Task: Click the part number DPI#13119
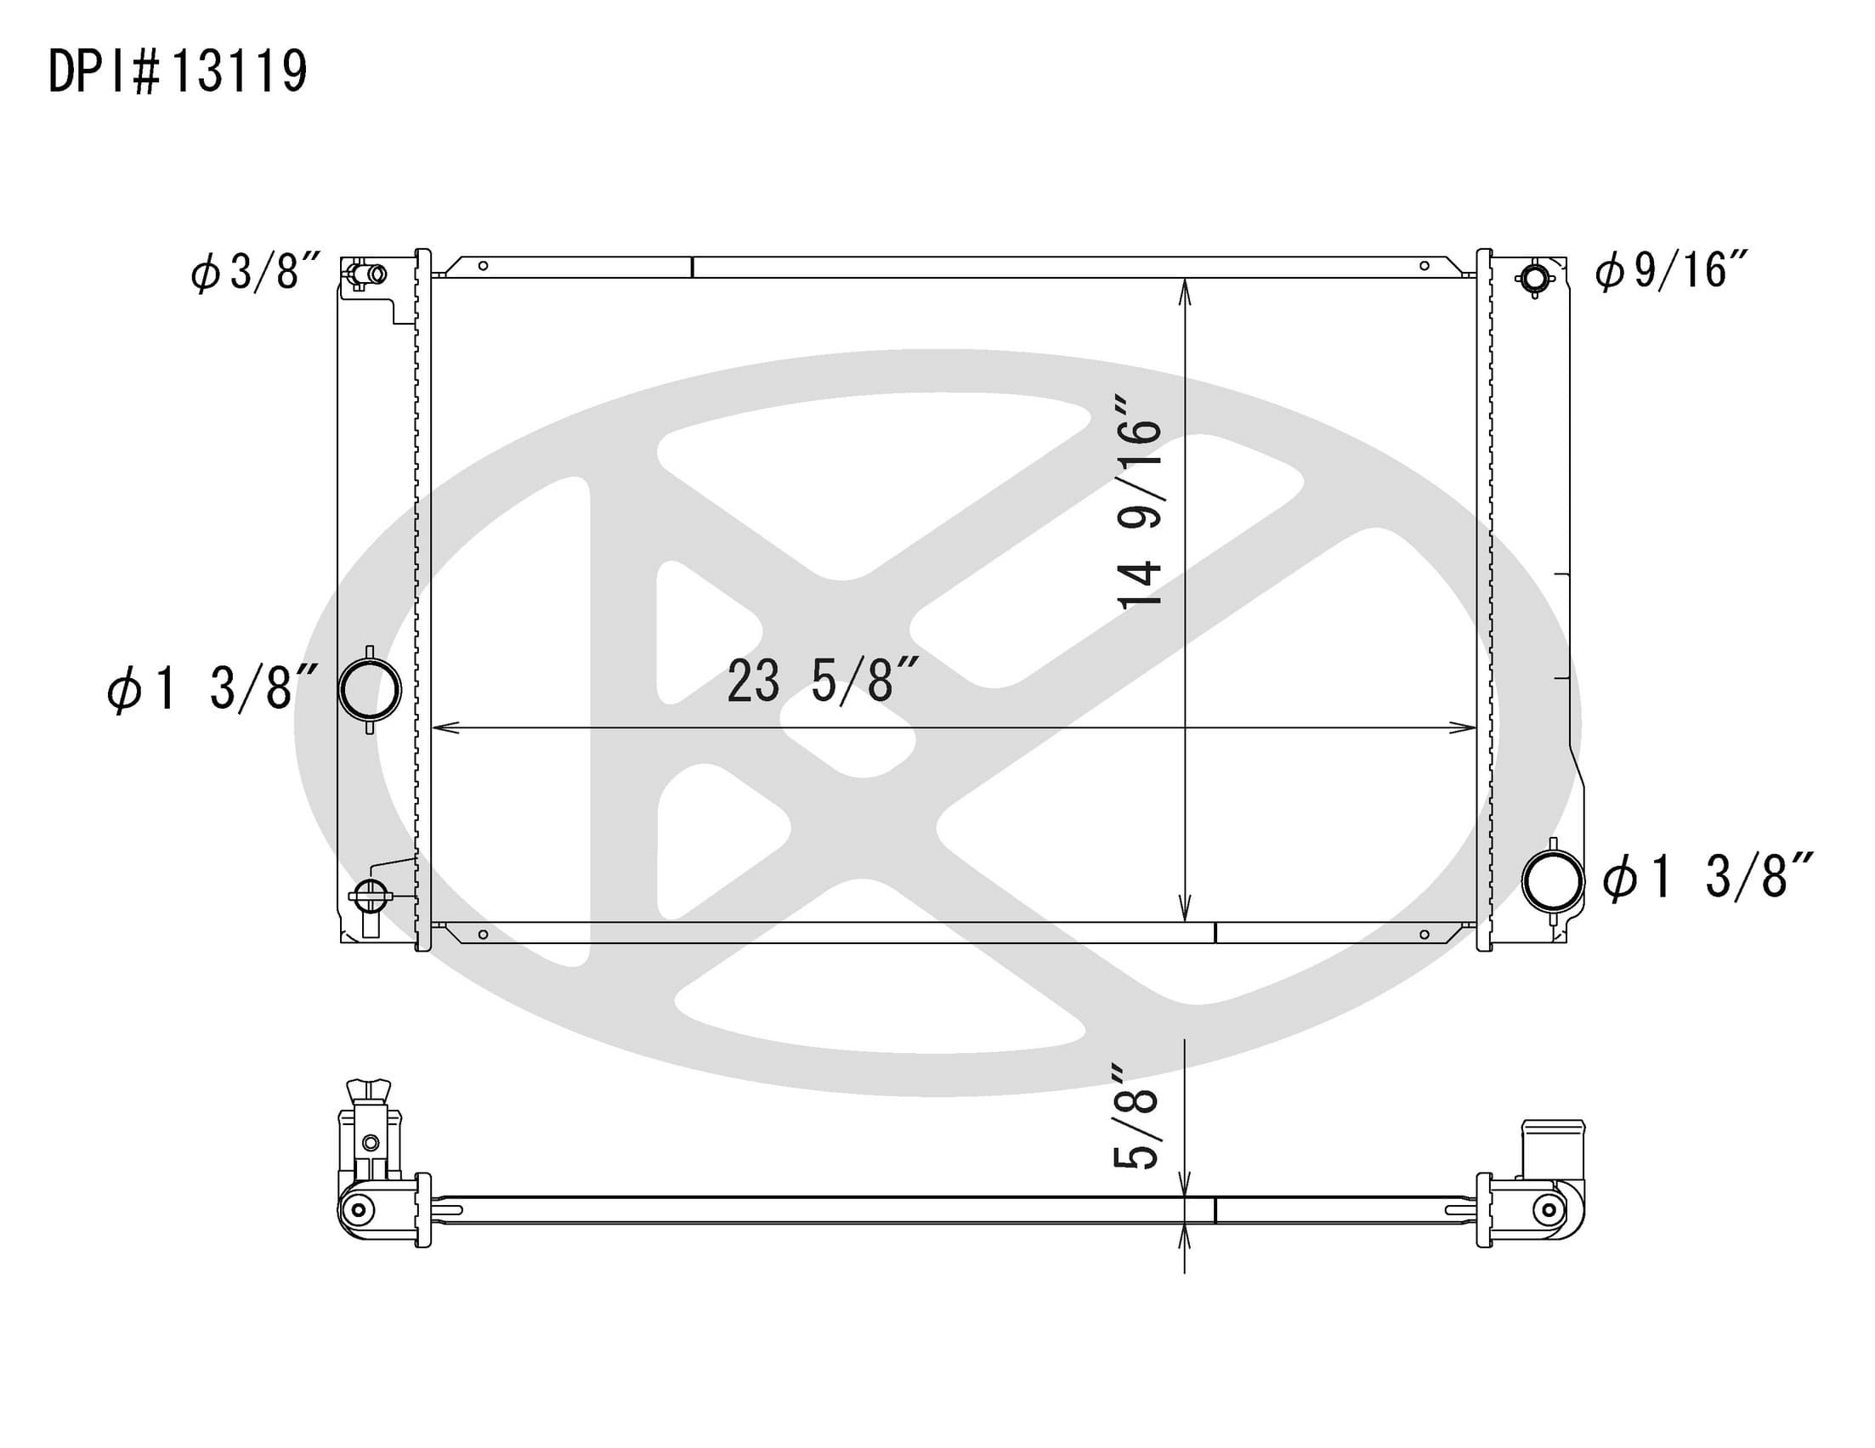[178, 71]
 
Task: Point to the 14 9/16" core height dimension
[1138, 502]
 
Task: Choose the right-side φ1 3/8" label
[1708, 877]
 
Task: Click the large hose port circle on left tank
[370, 690]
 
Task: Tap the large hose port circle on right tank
[1553, 881]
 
